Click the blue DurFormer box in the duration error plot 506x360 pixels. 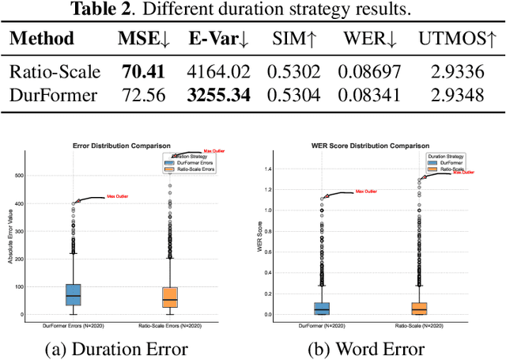coord(73,294)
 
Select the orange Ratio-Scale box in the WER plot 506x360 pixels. coord(419,308)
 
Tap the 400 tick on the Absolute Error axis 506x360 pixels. coord(19,203)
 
